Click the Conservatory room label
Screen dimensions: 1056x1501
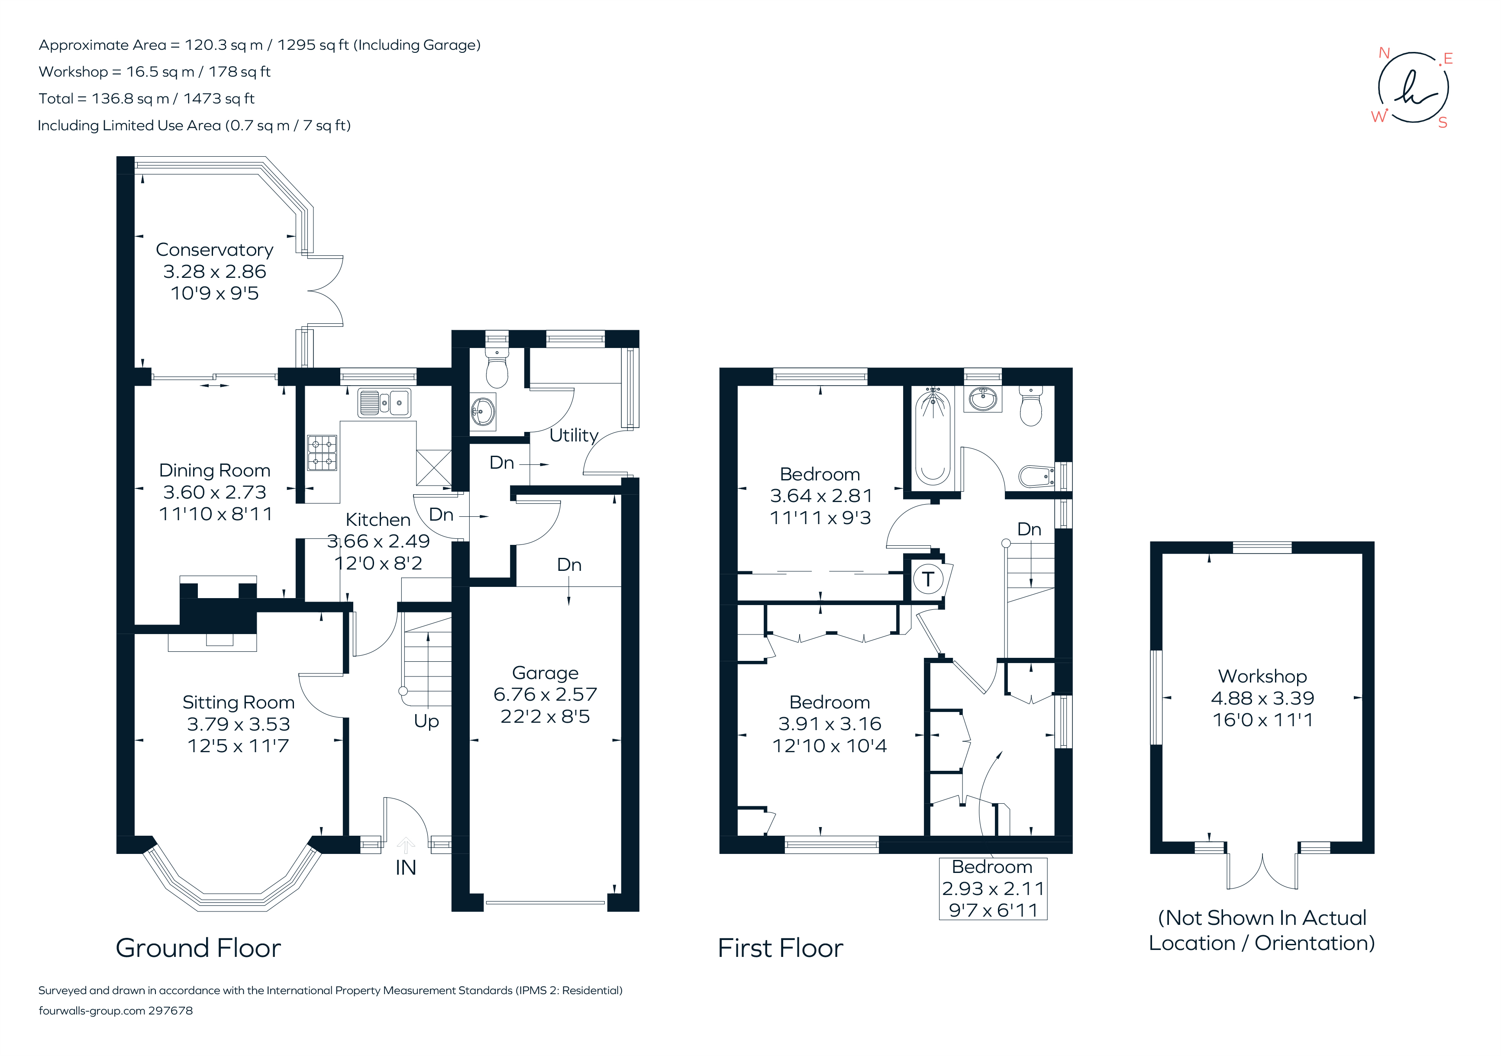(214, 250)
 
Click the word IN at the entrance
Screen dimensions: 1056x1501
(405, 868)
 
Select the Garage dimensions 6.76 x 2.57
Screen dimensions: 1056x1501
(545, 695)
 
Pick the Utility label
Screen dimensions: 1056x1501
(573, 435)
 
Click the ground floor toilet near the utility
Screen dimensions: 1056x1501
(497, 370)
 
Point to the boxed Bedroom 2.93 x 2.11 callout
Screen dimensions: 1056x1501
(992, 889)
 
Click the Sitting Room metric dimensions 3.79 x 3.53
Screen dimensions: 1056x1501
(238, 724)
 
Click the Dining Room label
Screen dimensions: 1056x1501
(214, 470)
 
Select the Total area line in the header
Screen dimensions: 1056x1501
(146, 99)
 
